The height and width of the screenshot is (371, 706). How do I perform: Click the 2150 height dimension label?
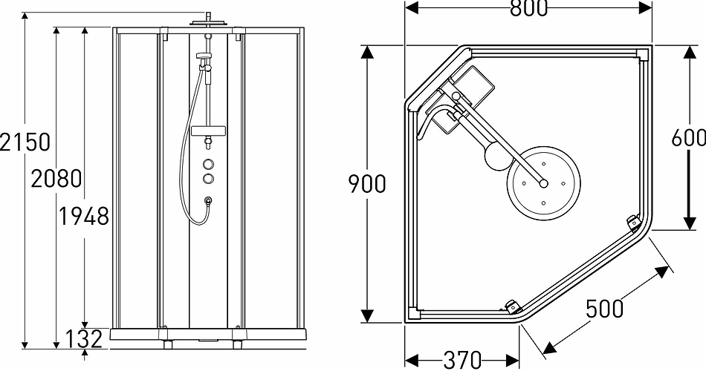[25, 142]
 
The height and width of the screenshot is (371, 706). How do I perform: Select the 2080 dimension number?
[56, 178]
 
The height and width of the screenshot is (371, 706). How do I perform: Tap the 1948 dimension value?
[84, 216]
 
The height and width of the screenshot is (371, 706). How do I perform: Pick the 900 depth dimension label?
[367, 183]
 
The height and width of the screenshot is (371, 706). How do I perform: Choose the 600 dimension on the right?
[687, 138]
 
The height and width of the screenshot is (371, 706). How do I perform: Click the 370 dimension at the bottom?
[462, 360]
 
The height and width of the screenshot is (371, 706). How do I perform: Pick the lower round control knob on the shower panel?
[210, 178]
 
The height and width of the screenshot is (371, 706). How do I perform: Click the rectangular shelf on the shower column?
[209, 131]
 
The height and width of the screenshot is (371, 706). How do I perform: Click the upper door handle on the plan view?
[633, 222]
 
